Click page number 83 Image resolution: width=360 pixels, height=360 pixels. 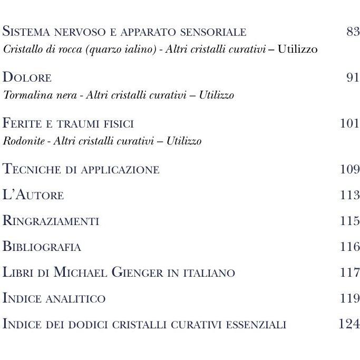point(353,32)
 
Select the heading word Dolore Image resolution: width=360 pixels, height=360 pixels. point(27,78)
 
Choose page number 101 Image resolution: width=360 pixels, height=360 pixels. point(350,124)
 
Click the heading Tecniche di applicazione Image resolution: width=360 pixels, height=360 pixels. point(81,170)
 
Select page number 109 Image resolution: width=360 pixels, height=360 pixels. point(350,170)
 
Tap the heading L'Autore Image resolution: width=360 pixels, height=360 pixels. point(33,196)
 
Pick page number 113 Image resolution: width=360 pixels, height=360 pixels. point(350,196)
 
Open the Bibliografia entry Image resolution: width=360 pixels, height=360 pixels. point(42,247)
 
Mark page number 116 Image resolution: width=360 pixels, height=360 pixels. point(350,247)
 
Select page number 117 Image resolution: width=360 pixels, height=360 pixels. point(350,273)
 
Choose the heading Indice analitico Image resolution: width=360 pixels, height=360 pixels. point(54,298)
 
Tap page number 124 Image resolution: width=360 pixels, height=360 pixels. point(349,324)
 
